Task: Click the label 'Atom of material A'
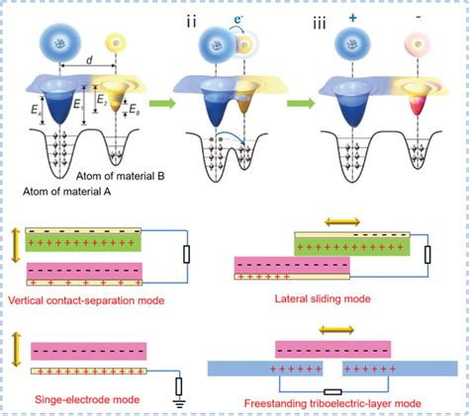(68, 191)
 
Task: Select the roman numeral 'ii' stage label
(184, 15)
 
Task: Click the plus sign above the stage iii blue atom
(352, 15)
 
